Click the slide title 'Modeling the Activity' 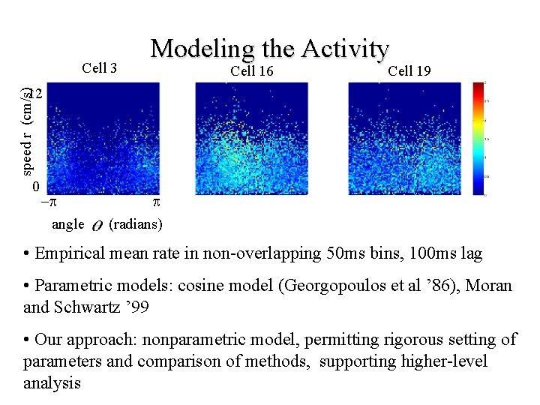pos(270,49)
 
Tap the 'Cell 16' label pos(252,71)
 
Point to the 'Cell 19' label pos(409,71)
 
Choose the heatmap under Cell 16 pos(253,139)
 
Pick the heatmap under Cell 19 pos(406,139)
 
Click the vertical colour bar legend pos(477,139)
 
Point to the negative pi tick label pos(48,202)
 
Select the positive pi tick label pos(156,202)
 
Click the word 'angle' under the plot pos(68,223)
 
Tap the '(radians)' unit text pos(136,223)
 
